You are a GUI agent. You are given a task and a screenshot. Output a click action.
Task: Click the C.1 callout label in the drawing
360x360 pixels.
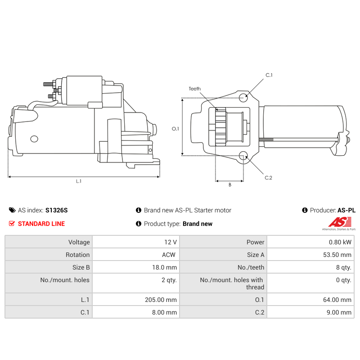click(x=269, y=75)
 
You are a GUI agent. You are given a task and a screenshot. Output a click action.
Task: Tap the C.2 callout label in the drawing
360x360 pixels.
click(x=268, y=178)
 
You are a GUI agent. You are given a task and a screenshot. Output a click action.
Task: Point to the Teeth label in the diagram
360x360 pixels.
click(x=195, y=89)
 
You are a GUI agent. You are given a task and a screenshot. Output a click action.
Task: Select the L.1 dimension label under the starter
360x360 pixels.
click(x=79, y=181)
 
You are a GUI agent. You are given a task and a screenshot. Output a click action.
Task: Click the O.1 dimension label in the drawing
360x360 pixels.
click(x=175, y=129)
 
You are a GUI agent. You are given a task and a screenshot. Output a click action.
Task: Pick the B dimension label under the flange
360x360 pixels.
click(x=230, y=185)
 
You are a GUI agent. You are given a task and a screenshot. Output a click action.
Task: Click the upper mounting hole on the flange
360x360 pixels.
click(x=243, y=98)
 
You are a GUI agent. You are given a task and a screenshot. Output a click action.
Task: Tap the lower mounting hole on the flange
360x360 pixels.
click(x=243, y=155)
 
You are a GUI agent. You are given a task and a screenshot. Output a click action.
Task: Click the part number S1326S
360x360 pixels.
click(x=57, y=210)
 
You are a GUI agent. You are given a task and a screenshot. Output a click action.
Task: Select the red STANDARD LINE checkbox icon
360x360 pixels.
click(x=12, y=224)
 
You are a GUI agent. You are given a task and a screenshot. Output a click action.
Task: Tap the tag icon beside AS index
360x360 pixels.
click(x=12, y=210)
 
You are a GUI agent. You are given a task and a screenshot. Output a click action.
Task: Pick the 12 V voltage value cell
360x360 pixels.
click(x=136, y=242)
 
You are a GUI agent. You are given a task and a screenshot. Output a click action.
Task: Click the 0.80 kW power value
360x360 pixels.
click(x=340, y=242)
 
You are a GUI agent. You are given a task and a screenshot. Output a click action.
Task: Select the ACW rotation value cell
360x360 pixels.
click(x=136, y=255)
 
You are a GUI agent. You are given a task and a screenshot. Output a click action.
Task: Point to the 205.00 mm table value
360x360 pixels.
click(x=161, y=300)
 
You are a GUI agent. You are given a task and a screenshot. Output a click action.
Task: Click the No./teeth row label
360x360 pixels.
click(x=251, y=267)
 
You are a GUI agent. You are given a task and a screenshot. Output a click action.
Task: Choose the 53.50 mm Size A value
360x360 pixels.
click(x=337, y=255)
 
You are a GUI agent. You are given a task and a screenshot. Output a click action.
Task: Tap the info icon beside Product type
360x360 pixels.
click(x=139, y=224)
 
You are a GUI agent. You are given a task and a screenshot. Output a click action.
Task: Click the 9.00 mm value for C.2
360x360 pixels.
click(x=339, y=312)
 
